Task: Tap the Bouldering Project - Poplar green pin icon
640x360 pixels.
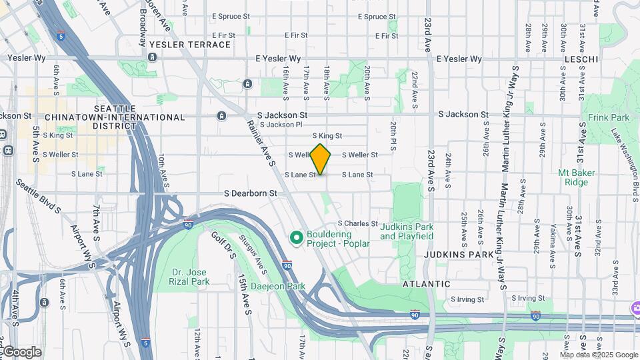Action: point(297,237)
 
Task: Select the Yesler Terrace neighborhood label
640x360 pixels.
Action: point(190,45)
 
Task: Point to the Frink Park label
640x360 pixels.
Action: point(609,117)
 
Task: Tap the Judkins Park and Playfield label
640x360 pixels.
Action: point(407,231)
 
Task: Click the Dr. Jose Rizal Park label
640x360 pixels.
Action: point(190,277)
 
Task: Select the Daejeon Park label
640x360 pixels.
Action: point(278,287)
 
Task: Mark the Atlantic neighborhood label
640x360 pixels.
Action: point(426,284)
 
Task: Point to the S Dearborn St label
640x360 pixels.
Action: point(250,193)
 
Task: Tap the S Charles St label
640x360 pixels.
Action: point(358,223)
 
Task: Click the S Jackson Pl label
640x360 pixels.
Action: point(281,125)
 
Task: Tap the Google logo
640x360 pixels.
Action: point(21,352)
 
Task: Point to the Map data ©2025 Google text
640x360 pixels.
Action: point(598,355)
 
